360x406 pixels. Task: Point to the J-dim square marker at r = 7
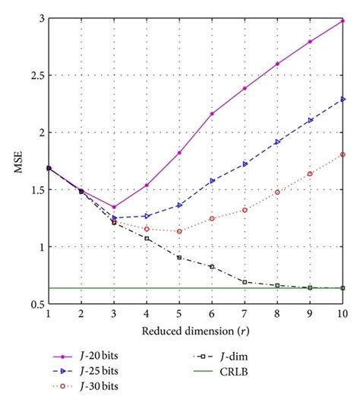[x=245, y=282]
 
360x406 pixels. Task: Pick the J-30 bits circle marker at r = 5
[x=179, y=231]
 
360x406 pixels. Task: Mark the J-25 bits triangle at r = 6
[x=212, y=181]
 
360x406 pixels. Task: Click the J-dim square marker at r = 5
[x=179, y=258]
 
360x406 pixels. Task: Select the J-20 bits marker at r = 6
[x=212, y=114]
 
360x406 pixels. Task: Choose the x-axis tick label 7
[x=245, y=315]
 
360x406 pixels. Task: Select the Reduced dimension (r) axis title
[x=195, y=331]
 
